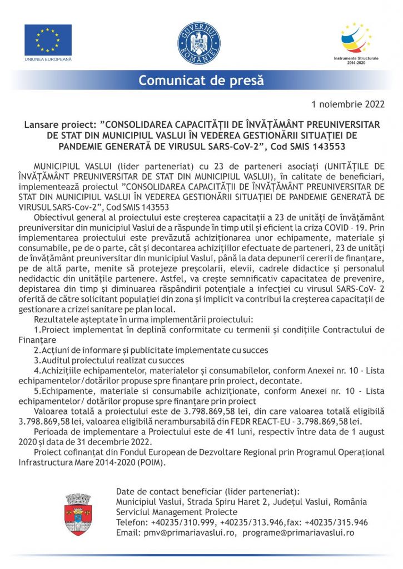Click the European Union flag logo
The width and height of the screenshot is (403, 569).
48,39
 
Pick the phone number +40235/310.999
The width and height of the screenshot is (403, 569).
182,522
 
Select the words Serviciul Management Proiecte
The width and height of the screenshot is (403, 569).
177,512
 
